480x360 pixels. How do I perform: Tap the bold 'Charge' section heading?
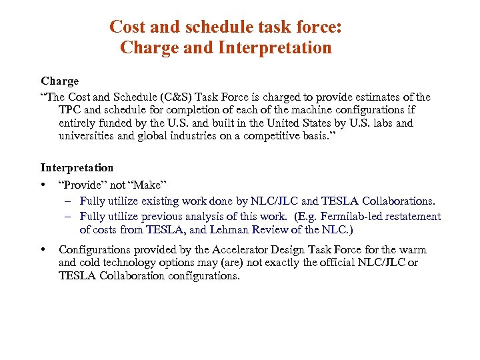(x=59, y=81)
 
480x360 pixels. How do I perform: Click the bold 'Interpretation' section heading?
(x=77, y=168)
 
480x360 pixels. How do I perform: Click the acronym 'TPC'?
(x=71, y=110)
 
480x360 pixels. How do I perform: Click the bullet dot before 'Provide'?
(x=43, y=185)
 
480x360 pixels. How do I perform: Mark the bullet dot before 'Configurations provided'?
(x=43, y=250)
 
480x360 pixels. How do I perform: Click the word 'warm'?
(x=413, y=250)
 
